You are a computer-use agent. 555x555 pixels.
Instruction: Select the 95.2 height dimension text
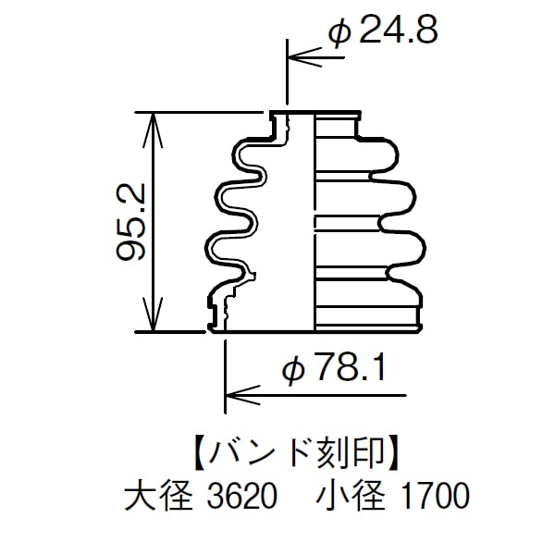point(132,222)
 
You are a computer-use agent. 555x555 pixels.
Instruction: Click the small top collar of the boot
point(314,117)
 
